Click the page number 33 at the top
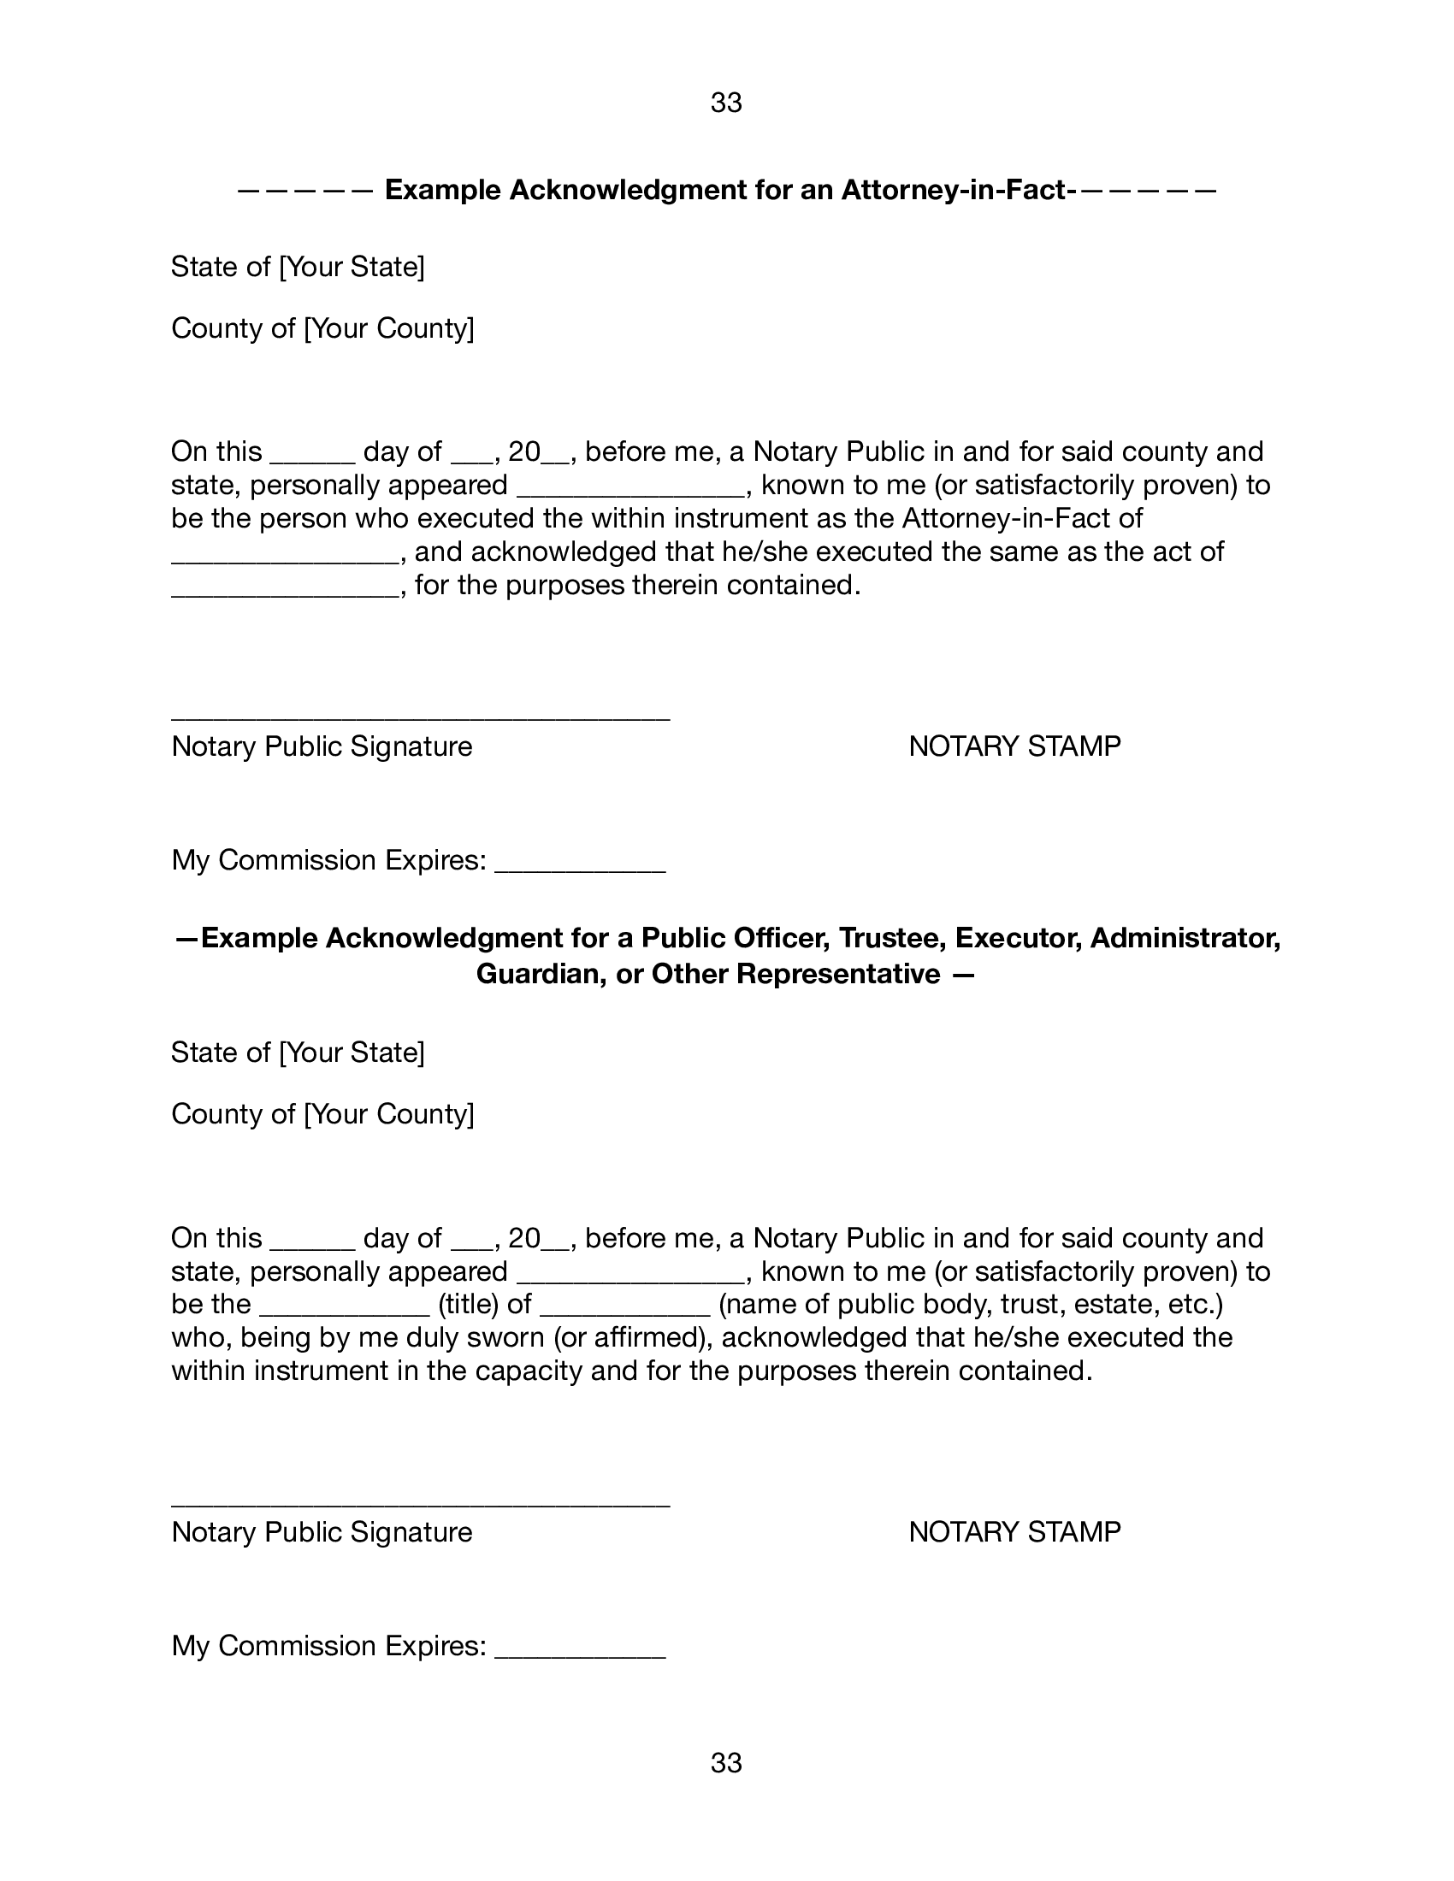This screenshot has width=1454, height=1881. (726, 103)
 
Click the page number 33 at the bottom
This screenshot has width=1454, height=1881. (726, 1763)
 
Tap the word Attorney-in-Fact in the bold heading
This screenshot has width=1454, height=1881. (954, 190)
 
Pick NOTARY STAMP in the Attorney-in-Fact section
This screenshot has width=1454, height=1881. (1014, 746)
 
